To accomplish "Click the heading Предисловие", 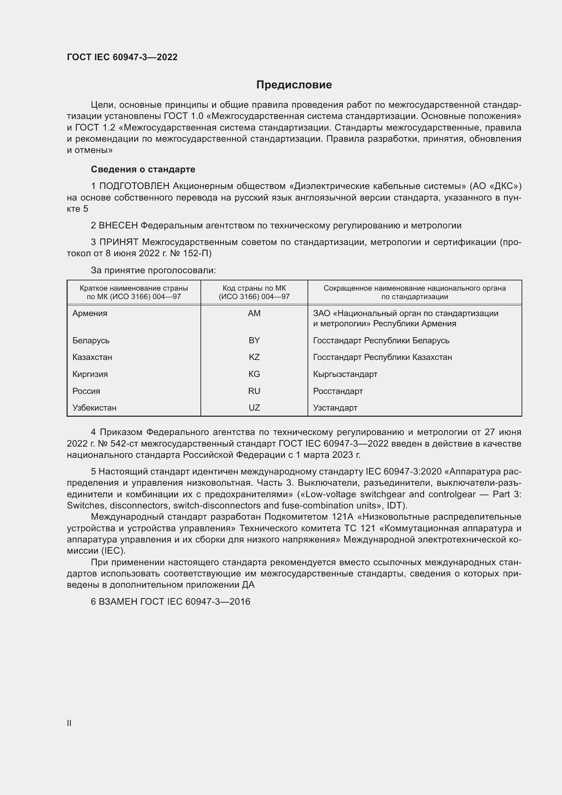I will [294, 85].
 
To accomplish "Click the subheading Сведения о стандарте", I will [143, 169].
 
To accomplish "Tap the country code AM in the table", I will [254, 313].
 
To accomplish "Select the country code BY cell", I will [254, 340].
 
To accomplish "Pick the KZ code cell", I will [254, 357].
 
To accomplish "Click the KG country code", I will [254, 374].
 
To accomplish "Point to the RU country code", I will [254, 391].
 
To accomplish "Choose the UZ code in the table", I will [254, 408].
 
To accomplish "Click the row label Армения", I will [90, 313].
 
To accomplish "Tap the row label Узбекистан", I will [94, 408].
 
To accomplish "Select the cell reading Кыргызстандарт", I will [345, 374].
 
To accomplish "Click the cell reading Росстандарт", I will [338, 391].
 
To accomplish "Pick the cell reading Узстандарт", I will [335, 408].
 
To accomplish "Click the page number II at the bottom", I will [69, 723].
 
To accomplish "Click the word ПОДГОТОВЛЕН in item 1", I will [134, 186].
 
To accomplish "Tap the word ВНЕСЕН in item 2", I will [118, 225].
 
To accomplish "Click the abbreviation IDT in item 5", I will [394, 505].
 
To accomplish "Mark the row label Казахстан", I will [92, 357].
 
